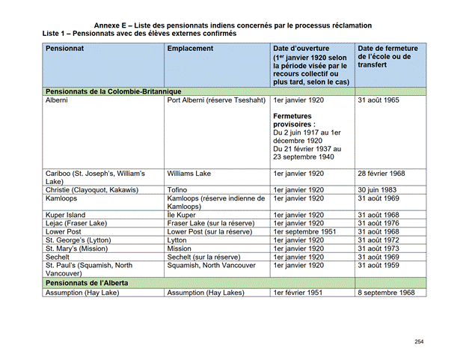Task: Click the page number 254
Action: (x=419, y=341)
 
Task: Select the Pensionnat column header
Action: (x=64, y=49)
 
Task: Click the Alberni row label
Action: (x=57, y=100)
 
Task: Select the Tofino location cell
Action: (x=179, y=190)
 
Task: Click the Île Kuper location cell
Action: (x=183, y=215)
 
